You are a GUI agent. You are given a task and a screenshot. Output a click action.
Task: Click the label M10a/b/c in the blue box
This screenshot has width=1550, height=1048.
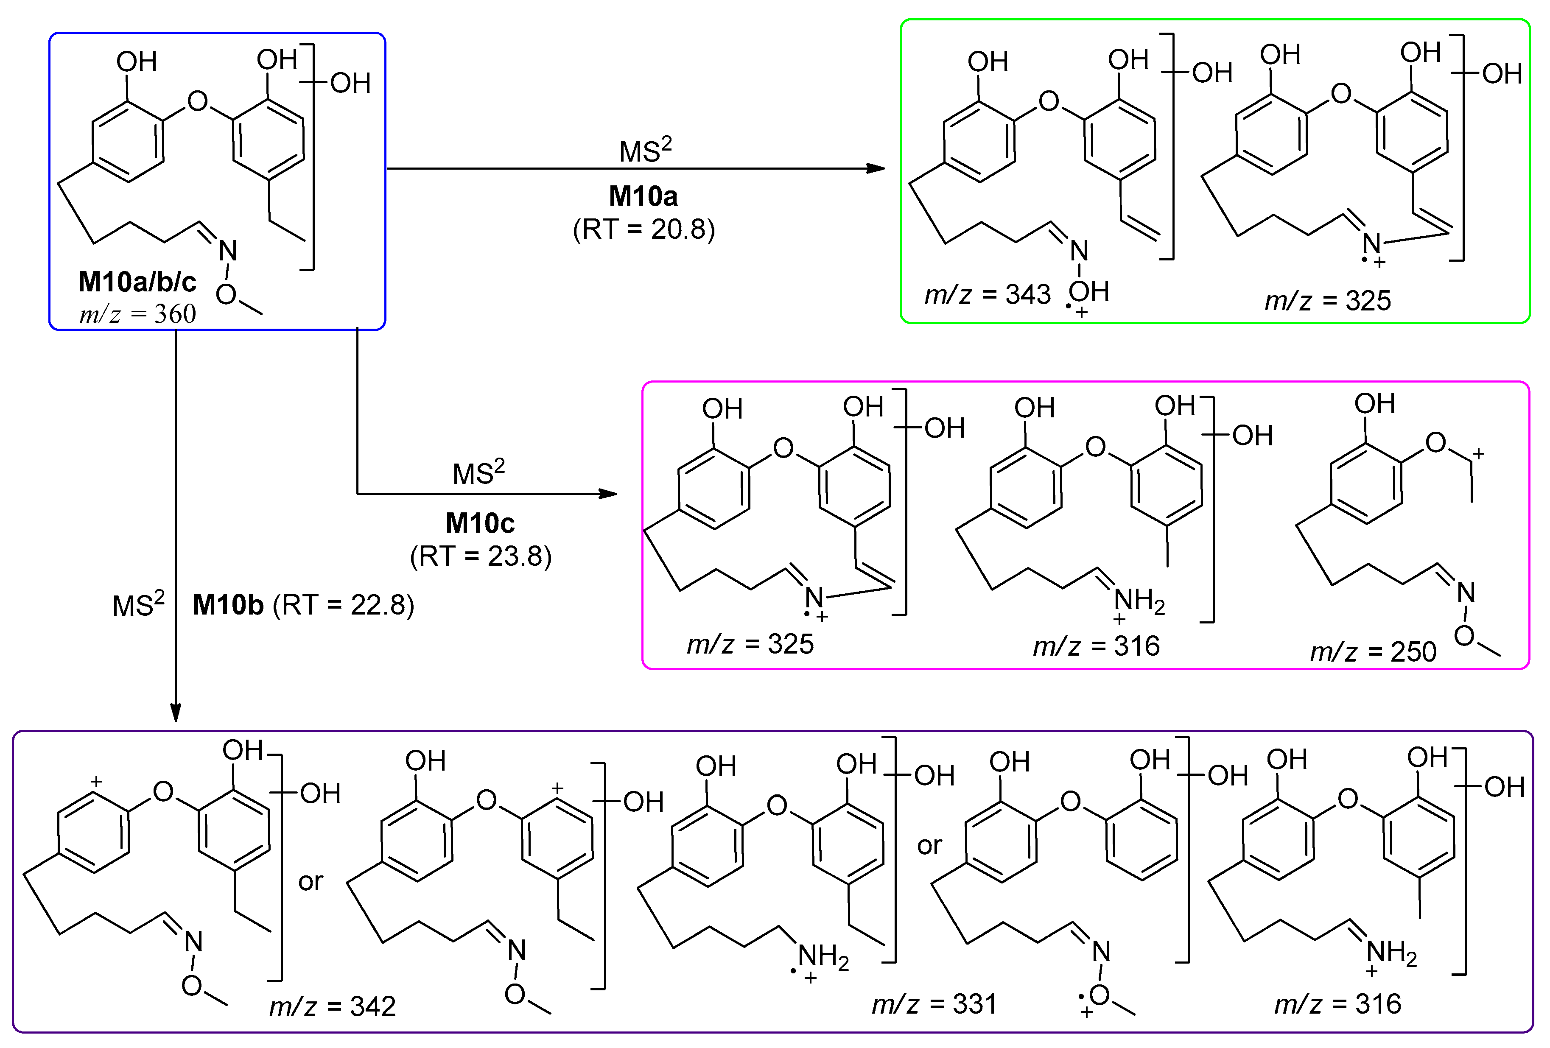tap(137, 282)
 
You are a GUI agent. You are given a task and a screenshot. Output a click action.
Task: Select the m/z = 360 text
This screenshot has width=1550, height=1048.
tap(137, 313)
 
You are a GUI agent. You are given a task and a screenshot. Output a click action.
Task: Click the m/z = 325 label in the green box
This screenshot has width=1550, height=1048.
tap(1328, 301)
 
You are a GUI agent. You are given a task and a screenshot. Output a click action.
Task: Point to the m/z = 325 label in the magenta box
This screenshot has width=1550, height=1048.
tap(750, 644)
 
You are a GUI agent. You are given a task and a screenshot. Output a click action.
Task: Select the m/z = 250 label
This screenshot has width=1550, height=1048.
tap(1373, 651)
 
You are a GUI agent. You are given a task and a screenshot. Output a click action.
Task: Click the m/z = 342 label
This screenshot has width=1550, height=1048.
tap(332, 1006)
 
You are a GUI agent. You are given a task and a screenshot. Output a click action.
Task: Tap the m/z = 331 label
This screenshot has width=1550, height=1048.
tap(934, 1003)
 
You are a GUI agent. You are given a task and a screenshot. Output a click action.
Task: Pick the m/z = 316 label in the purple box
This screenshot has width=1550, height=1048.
tap(1337, 1004)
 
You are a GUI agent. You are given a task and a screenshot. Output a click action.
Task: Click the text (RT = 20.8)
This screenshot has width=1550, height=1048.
tap(644, 229)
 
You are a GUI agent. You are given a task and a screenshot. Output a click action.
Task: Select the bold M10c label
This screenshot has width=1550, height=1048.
tap(480, 523)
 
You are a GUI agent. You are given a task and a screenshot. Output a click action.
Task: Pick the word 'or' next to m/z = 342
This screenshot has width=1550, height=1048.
tap(310, 882)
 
